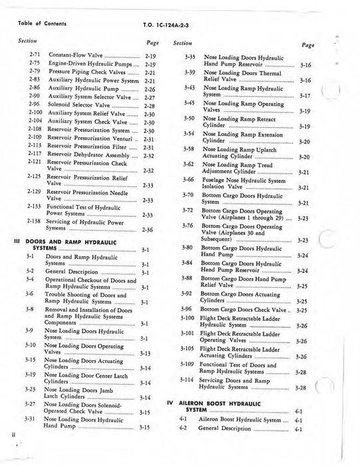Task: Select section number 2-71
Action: (x=35, y=57)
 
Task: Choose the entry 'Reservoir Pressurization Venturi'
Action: (x=89, y=138)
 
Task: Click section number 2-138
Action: (x=36, y=220)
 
